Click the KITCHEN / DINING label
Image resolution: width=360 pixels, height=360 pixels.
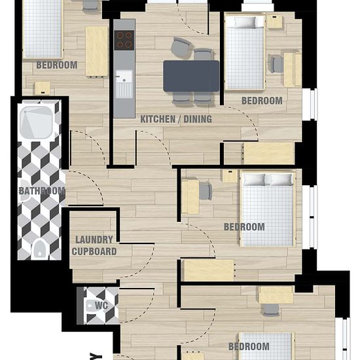(x=176, y=119)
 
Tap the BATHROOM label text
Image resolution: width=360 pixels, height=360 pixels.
(x=42, y=191)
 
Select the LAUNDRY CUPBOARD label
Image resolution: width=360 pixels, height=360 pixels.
(x=94, y=245)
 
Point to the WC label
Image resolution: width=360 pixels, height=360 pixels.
(x=101, y=305)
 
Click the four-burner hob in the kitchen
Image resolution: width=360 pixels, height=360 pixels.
(x=124, y=40)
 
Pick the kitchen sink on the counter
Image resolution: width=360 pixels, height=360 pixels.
(x=124, y=84)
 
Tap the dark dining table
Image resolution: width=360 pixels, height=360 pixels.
(x=190, y=76)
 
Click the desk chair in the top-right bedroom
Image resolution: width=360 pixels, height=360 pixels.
(x=277, y=64)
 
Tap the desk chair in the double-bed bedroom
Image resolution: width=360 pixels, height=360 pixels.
(x=206, y=190)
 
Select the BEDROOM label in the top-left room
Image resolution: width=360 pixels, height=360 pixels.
(x=56, y=65)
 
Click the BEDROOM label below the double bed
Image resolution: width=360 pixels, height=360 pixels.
(x=244, y=227)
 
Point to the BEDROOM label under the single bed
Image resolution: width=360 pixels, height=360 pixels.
(x=262, y=101)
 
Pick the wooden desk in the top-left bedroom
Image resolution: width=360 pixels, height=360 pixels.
(x=96, y=50)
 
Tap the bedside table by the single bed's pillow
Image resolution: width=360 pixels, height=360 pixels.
(x=275, y=22)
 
